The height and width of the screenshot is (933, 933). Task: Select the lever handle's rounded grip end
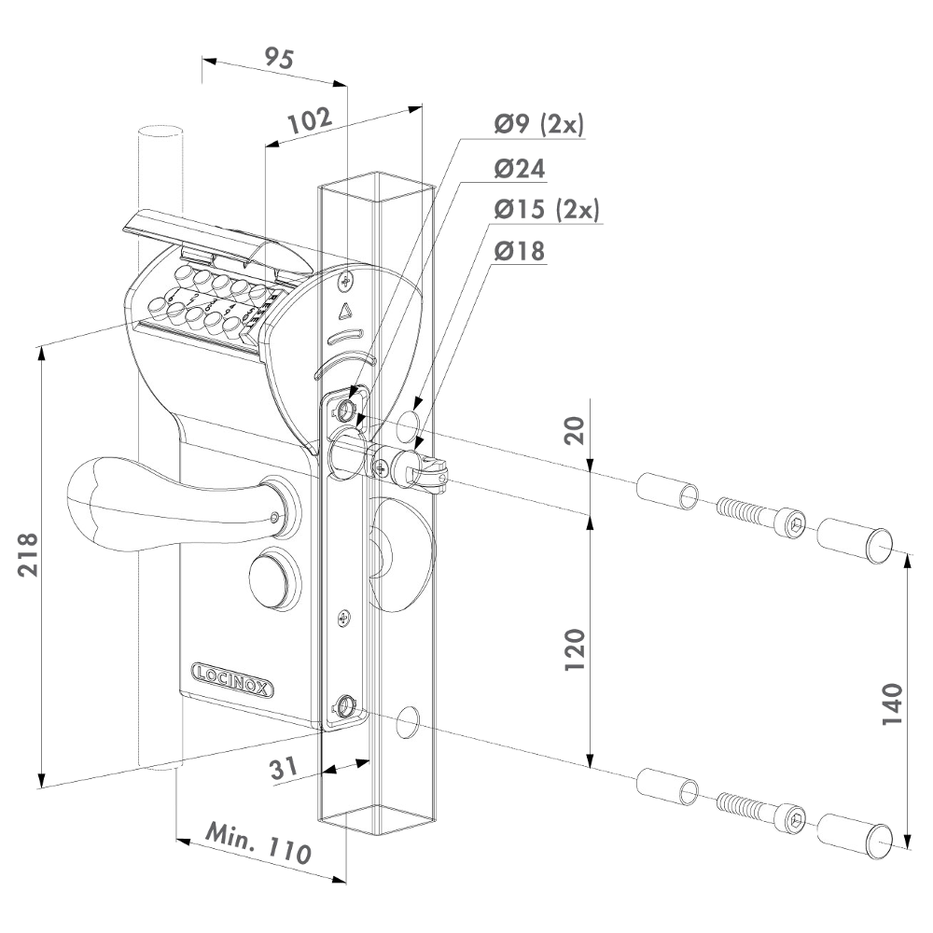[93, 499]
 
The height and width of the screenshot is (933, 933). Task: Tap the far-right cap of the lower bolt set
[854, 833]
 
